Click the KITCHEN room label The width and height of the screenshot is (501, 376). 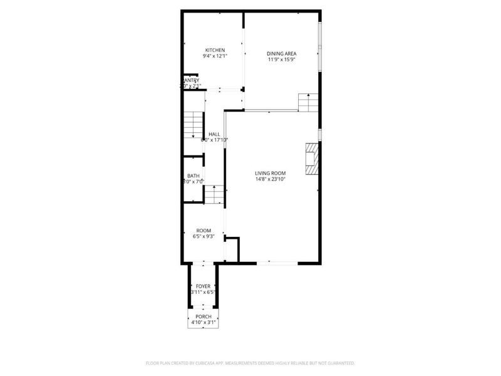214,50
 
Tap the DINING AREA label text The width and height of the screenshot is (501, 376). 282,54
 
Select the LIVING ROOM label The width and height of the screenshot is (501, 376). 270,173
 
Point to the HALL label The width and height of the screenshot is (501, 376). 214,134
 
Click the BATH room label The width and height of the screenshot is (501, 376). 194,175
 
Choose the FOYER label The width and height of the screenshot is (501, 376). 203,286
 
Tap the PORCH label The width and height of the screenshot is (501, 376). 203,316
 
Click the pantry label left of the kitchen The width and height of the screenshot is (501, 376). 191,80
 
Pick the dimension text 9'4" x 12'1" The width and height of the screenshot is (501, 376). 214,56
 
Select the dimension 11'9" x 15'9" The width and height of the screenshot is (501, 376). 282,60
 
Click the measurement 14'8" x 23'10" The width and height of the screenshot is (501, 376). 270,179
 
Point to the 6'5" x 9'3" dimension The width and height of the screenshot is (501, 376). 204,236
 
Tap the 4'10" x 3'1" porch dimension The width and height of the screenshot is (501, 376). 203,323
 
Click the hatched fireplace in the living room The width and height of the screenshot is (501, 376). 311,159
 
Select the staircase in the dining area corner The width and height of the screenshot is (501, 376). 307,102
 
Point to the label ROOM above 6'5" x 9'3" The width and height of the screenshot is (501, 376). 204,230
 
